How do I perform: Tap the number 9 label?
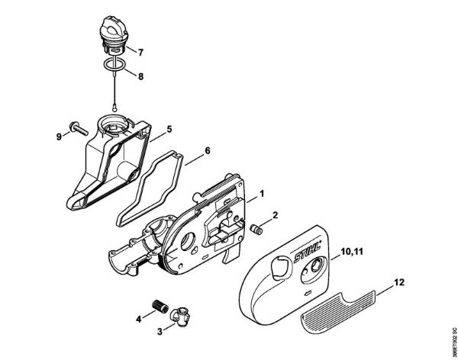click(x=59, y=137)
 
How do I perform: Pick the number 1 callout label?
click(x=261, y=194)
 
